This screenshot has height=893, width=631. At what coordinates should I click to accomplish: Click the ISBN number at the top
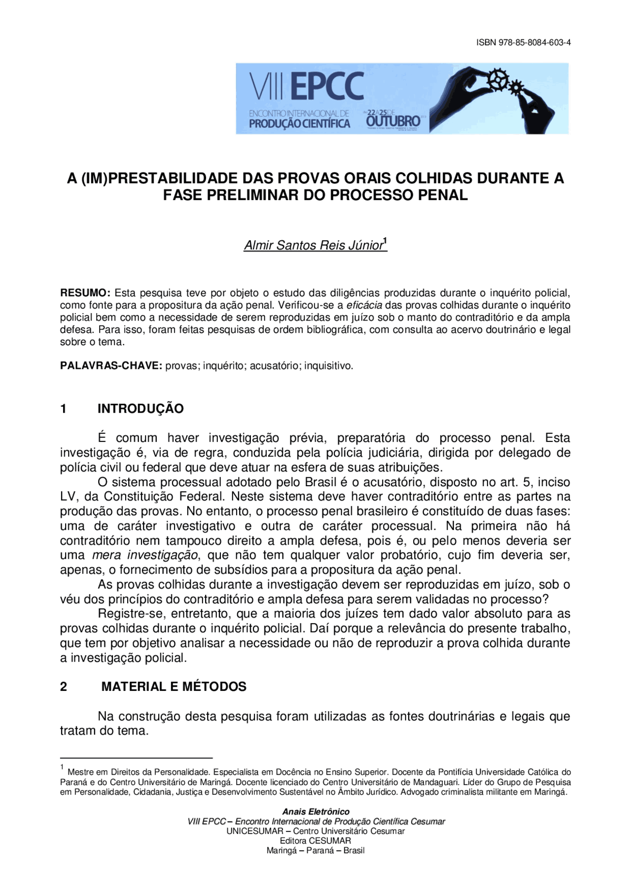tap(523, 42)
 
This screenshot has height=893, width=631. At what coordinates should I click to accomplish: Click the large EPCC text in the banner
tap(327, 87)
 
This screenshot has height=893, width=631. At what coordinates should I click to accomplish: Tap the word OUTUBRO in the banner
tap(393, 121)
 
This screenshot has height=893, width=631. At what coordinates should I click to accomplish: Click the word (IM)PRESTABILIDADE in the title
tap(152, 178)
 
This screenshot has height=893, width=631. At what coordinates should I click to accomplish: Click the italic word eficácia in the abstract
tap(364, 305)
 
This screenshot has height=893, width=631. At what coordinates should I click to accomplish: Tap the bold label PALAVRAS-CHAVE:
tap(111, 366)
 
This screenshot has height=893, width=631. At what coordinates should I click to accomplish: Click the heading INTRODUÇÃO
tap(140, 409)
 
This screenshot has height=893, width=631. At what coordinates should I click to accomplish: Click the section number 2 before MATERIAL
tap(64, 686)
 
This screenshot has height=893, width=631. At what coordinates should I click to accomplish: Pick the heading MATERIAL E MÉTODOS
tap(174, 686)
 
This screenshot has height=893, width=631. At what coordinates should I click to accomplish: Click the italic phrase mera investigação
tap(145, 555)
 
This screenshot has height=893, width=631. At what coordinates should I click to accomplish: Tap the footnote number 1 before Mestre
tap(62, 767)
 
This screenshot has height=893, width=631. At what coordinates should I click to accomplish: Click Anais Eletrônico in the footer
tap(315, 812)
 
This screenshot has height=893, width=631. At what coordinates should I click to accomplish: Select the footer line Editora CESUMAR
tap(315, 841)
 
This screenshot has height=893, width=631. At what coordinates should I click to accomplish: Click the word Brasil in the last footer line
tap(353, 851)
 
